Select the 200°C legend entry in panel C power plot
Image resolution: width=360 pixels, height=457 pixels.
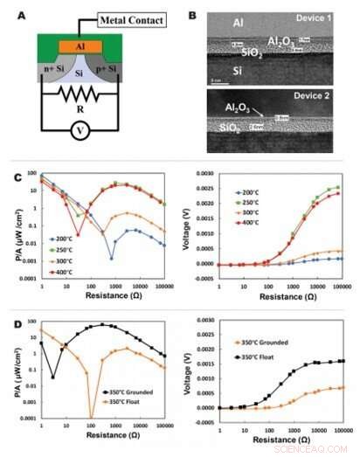point(63,239)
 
